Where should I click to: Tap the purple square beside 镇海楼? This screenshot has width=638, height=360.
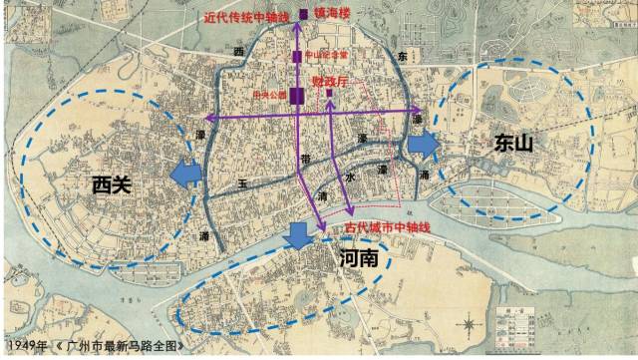[303, 16]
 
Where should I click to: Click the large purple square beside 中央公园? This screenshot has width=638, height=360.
[296, 96]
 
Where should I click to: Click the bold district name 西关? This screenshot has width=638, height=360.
[112, 183]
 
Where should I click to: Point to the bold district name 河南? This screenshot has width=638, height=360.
[358, 259]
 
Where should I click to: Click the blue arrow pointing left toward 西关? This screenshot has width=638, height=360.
[184, 176]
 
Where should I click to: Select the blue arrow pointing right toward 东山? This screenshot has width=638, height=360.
[423, 144]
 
